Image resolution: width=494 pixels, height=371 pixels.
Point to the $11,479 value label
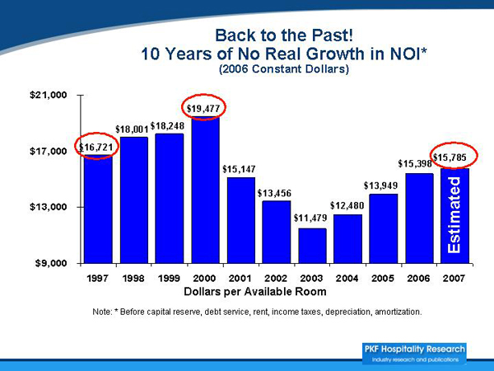click(x=310, y=218)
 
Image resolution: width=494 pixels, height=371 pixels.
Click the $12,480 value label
click(x=347, y=204)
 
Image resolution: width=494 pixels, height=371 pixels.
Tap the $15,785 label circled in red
click(x=454, y=157)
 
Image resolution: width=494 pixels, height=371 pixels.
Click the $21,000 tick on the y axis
click(x=46, y=96)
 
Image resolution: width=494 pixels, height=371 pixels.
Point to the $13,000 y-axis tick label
click(x=46, y=207)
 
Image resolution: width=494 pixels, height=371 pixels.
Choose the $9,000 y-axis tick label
click(x=49, y=263)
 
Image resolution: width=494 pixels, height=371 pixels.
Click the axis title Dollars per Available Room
click(x=255, y=292)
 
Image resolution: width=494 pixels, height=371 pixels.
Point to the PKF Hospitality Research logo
click(x=414, y=352)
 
